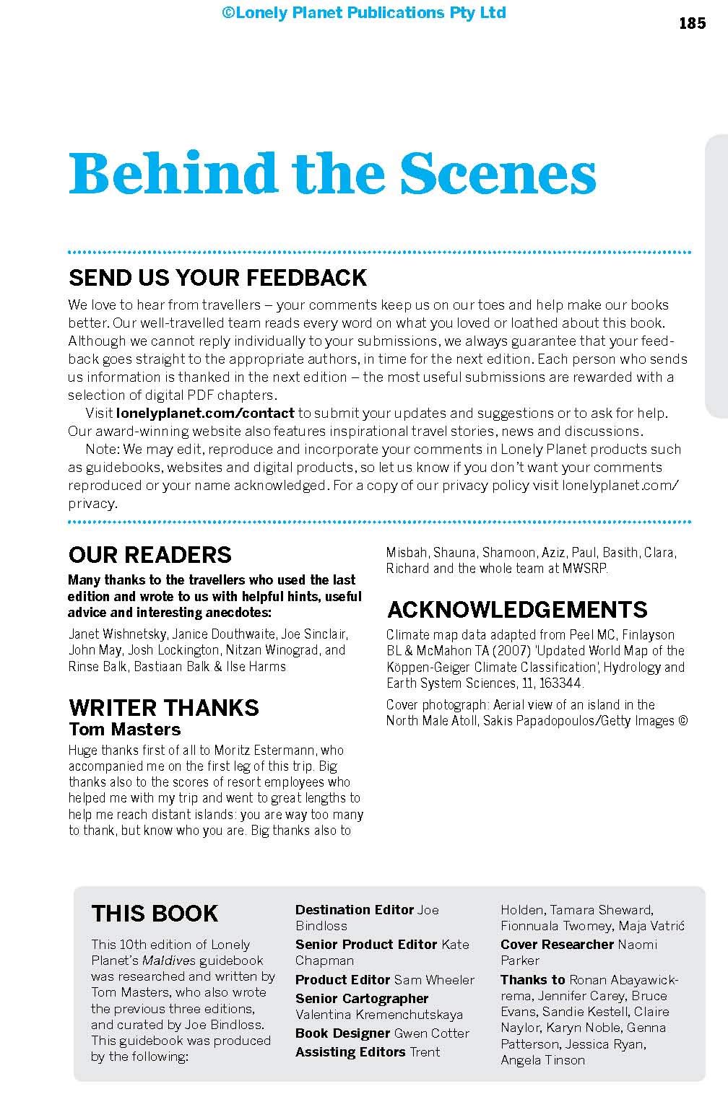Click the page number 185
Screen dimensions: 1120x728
[x=692, y=23]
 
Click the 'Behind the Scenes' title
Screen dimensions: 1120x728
[x=332, y=173]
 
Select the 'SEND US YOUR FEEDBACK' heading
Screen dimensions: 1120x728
[x=217, y=278]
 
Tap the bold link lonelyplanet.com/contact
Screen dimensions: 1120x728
[x=205, y=414]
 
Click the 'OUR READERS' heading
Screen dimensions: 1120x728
[x=150, y=555]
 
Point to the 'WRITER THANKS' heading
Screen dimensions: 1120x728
[x=163, y=707]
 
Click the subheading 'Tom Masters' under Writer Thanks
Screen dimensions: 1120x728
[x=124, y=730]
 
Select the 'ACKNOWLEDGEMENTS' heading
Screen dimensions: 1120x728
[x=517, y=610]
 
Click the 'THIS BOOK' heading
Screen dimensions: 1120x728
[x=155, y=914]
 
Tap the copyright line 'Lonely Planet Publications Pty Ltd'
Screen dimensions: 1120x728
[x=364, y=13]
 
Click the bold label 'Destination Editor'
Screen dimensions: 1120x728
[x=355, y=910]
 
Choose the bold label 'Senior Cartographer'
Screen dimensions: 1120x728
[x=362, y=999]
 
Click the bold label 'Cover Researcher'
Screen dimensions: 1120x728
[x=557, y=945]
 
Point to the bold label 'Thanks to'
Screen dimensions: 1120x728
[x=533, y=980]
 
